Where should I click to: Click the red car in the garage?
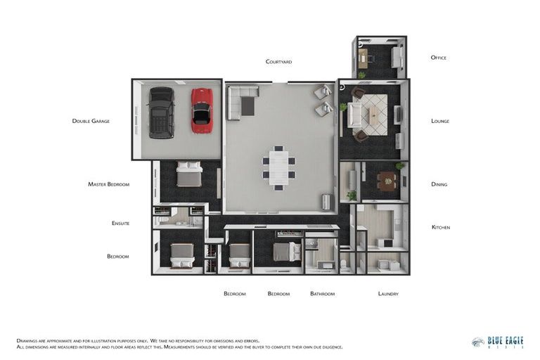click(202, 110)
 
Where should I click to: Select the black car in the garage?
click(161, 112)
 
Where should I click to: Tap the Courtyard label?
click(278, 62)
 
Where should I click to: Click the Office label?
click(438, 58)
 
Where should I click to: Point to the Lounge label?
click(439, 121)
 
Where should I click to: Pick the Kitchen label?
click(440, 227)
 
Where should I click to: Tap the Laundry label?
click(387, 293)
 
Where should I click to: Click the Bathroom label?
click(322, 293)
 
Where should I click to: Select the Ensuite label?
click(120, 224)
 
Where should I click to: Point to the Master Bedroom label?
click(108, 184)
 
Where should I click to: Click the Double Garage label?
click(91, 121)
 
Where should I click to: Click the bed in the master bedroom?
click(189, 174)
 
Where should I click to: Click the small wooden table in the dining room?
click(387, 182)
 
